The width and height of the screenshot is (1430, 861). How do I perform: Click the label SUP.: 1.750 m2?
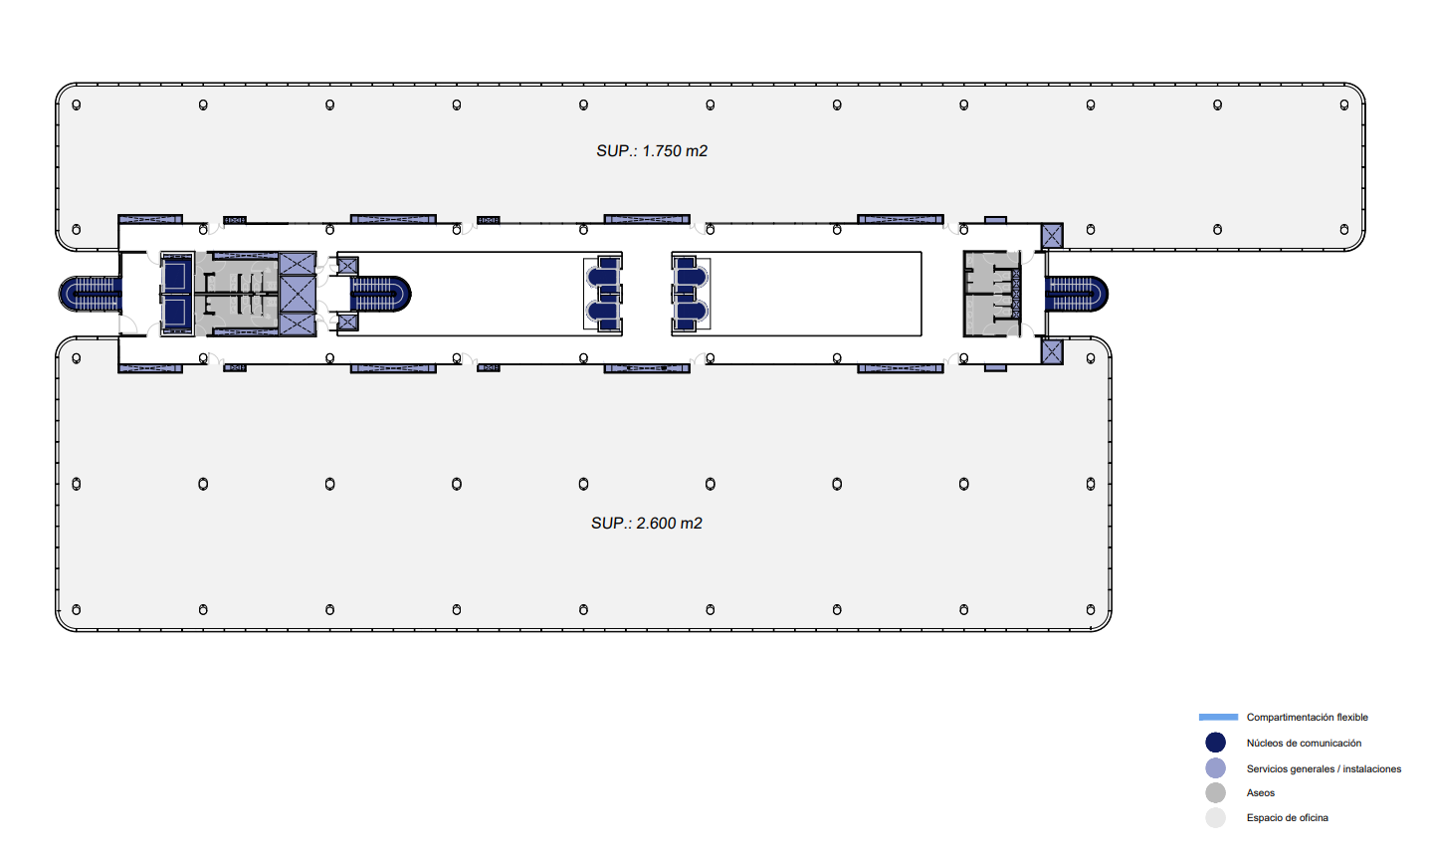point(652,150)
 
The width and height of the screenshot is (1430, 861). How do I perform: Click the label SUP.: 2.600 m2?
point(647,524)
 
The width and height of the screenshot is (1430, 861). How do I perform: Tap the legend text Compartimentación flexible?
point(1307,718)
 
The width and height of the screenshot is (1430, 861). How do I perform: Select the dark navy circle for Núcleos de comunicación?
point(1215,743)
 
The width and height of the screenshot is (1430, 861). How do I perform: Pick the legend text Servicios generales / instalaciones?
point(1324,769)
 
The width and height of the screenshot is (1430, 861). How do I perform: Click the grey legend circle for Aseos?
point(1215,792)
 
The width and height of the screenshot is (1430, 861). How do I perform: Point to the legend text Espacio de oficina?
point(1287,817)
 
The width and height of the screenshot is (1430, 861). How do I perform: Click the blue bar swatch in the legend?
point(1218,718)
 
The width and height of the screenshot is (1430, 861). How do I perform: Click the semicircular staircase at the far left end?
point(90,294)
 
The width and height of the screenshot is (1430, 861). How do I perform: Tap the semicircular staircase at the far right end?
point(1077,294)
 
